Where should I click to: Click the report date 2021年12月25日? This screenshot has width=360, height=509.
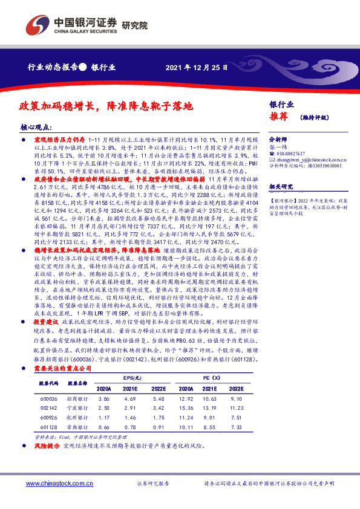pos(195,67)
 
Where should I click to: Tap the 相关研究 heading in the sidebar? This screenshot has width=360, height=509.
pos(280,187)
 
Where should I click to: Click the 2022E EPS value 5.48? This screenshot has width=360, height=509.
pos(159,400)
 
